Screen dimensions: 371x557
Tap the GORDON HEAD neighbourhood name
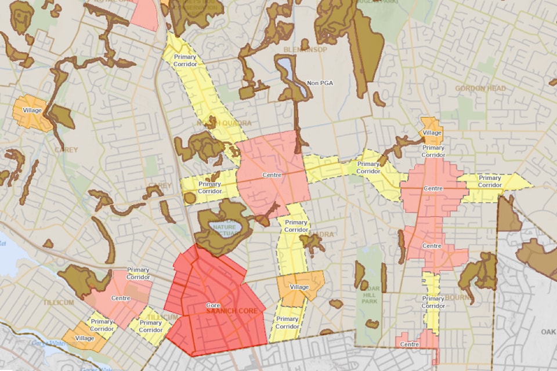[x=480, y=89]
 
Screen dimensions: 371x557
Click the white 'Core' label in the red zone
[x=213, y=305]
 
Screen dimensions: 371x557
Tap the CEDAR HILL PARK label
[x=371, y=289]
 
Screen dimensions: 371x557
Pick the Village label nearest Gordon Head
[x=432, y=133]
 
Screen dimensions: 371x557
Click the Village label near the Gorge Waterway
[x=85, y=338]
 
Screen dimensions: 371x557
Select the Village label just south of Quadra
[x=299, y=288]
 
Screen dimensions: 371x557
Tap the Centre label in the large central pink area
[x=272, y=175]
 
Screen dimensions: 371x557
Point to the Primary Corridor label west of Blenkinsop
[x=185, y=60]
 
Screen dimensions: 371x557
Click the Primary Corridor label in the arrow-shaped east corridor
[x=490, y=181]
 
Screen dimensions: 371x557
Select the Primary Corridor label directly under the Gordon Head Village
[x=433, y=151]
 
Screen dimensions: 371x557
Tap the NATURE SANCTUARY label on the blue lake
[x=223, y=229]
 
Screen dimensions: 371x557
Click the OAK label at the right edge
[x=548, y=332]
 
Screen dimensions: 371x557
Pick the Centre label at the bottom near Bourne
[x=410, y=345]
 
